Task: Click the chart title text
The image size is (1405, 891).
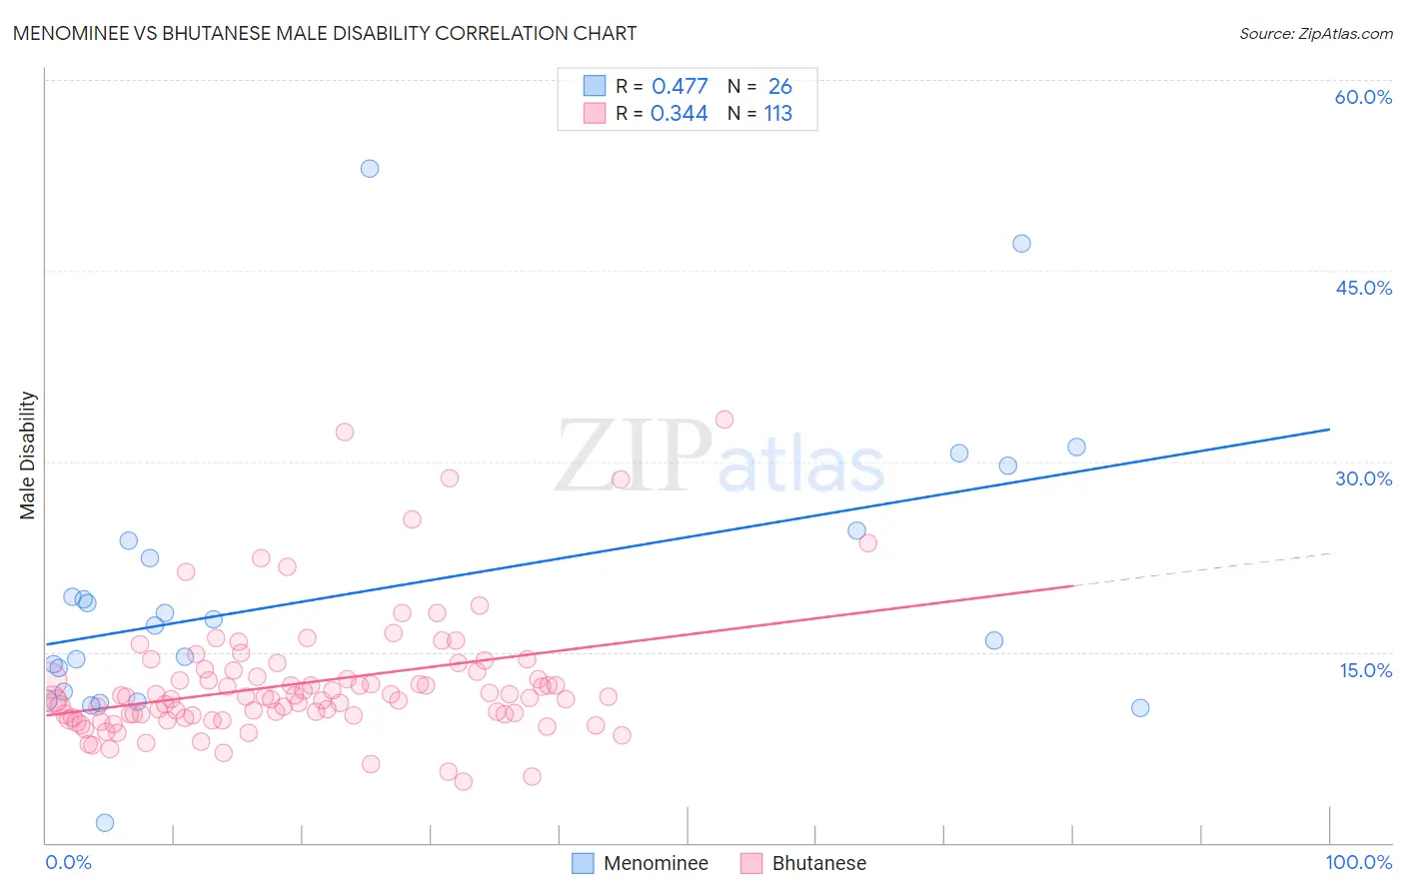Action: pos(324,33)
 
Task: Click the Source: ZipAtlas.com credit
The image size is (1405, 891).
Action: pos(1315,34)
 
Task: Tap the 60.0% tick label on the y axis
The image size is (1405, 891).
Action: pos(1363,97)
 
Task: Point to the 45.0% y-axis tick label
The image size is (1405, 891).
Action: pos(1363,288)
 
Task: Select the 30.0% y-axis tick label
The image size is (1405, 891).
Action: pos(1363,478)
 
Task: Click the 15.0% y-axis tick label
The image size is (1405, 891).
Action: pos(1365,670)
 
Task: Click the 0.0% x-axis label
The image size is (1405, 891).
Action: pos(68,862)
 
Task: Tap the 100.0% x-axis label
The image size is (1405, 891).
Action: pos(1358,862)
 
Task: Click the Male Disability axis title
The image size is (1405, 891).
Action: pos(28,454)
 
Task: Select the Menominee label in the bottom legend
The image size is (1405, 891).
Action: pos(656,863)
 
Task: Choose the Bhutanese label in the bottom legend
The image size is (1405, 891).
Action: pos(818,863)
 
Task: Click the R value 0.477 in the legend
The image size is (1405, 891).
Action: pos(680,86)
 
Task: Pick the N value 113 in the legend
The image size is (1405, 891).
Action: pos(777,113)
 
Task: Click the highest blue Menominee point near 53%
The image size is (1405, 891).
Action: pos(370,169)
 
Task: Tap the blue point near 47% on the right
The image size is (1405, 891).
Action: pos(1021,244)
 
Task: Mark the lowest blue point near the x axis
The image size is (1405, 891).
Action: pos(105,823)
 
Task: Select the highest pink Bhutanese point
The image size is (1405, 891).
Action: pos(724,420)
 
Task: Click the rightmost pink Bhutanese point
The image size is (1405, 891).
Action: pos(867,543)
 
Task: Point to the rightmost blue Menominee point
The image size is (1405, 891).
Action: pos(1140,708)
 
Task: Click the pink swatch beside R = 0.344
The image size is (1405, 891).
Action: pos(595,113)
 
